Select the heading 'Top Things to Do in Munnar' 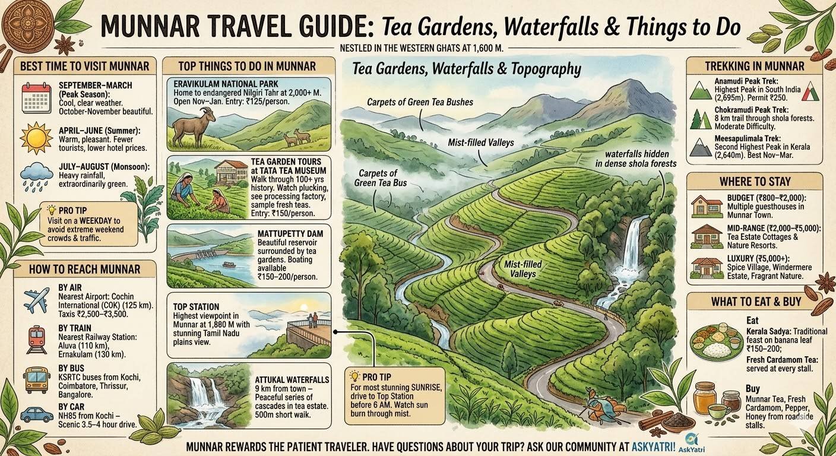(x=247, y=65)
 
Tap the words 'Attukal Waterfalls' (x=292, y=379)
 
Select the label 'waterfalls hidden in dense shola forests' (x=636, y=158)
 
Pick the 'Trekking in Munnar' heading (x=754, y=66)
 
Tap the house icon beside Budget (x=707, y=206)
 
